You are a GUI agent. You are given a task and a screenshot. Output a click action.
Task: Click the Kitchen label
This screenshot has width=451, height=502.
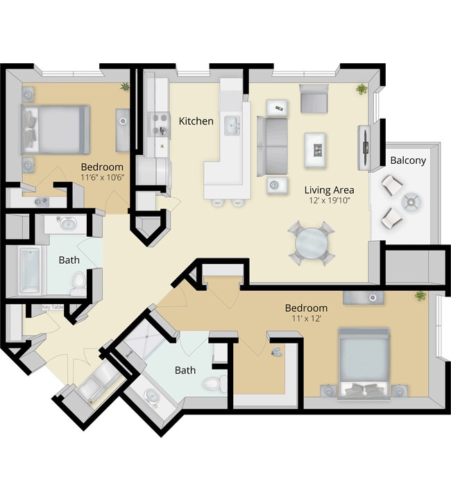coord(196,121)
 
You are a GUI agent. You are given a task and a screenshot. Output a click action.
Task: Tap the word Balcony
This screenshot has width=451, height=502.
coord(408,160)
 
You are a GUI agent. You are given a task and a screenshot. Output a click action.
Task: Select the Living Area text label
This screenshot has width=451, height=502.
coord(330,190)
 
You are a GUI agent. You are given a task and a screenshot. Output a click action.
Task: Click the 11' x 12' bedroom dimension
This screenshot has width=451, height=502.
coord(305,320)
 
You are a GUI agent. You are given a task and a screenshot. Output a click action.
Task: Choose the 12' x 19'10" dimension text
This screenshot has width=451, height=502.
coord(330,201)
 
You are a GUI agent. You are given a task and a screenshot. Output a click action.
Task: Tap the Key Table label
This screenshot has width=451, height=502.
coord(53,308)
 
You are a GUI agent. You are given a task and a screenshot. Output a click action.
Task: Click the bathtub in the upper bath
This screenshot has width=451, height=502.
coord(31,269)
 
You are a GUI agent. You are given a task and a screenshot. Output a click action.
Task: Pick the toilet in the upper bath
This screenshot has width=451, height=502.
coord(78,281)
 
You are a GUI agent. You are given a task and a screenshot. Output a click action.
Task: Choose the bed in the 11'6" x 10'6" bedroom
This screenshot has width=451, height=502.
coord(57,129)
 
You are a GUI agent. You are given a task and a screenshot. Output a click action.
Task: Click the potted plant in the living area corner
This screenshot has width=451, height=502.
coord(361,89)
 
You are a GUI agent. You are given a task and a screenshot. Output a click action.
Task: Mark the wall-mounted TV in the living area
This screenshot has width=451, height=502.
coord(364,147)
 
